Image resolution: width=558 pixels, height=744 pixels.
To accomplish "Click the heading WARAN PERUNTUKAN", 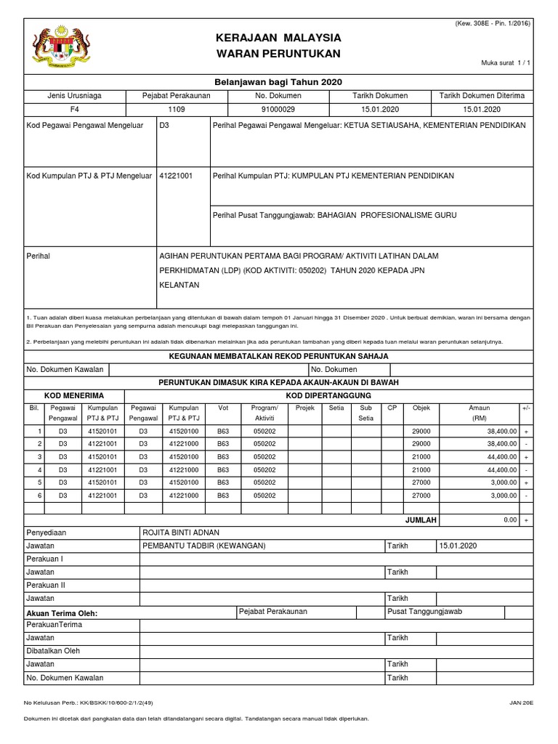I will [278, 54].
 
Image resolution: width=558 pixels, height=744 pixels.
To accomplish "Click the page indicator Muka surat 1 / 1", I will [506, 63].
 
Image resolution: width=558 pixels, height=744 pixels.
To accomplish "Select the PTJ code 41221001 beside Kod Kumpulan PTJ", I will [176, 176].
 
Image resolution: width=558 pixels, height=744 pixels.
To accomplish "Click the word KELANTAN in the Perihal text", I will [179, 285].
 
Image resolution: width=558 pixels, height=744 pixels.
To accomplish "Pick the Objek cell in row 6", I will [421, 495].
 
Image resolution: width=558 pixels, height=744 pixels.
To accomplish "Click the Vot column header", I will [223, 408].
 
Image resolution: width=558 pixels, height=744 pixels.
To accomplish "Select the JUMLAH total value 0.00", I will [509, 520].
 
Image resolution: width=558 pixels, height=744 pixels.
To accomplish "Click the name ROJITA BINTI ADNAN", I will [179, 533].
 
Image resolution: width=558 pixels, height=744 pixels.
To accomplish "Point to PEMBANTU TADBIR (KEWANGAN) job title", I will [204, 546].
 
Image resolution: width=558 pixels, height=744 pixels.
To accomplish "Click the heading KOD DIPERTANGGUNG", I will [328, 395].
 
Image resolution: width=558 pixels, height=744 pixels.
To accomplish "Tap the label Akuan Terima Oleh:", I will [62, 613].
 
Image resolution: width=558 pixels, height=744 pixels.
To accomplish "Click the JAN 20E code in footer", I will [522, 703].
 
